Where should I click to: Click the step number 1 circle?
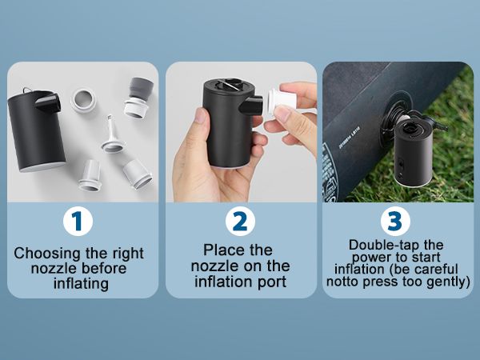pyautogui.click(x=78, y=221)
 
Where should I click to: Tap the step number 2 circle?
pyautogui.click(x=240, y=221)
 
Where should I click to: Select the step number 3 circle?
pyautogui.click(x=395, y=221)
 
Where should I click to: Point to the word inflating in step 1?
pyautogui.click(x=81, y=283)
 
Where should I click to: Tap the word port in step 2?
pyautogui.click(x=272, y=282)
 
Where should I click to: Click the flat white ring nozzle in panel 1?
pyautogui.click(x=83, y=100)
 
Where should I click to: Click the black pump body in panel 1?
pyautogui.click(x=36, y=130)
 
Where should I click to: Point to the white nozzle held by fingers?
pyautogui.click(x=281, y=100)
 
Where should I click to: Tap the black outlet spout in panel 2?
pyautogui.click(x=251, y=105)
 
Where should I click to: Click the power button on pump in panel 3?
pyautogui.click(x=401, y=164)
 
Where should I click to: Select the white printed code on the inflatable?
pyautogui.click(x=349, y=138)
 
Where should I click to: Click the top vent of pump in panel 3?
pyautogui.click(x=412, y=127)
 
